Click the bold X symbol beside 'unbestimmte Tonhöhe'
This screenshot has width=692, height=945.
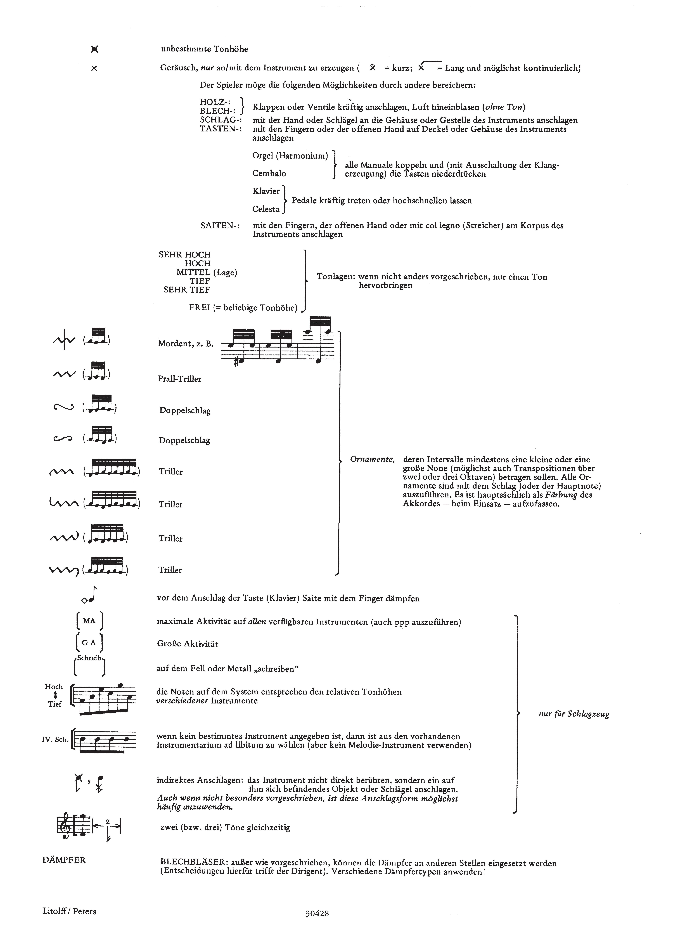[95, 49]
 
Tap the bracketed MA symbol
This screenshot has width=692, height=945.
[89, 621]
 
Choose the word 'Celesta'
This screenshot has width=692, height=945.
[266, 209]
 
